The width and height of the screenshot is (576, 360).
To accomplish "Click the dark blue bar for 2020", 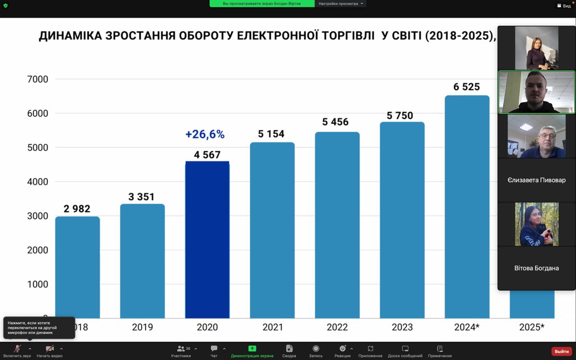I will pos(207,239).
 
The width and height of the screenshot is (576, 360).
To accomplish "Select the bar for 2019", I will pos(142,261).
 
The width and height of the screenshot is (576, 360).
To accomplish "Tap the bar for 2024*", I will pos(467,207).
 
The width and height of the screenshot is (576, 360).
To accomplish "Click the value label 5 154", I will pos(271,134).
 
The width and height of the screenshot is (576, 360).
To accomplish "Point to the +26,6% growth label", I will pos(205,134).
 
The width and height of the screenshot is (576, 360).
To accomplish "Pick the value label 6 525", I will pos(466,87).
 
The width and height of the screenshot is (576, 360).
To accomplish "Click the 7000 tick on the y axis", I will pos(38,79).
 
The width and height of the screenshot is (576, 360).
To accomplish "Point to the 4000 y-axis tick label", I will pos(38,182).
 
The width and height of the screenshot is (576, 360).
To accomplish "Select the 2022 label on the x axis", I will pos(337,327).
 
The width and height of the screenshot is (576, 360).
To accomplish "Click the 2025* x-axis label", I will pos(531,327).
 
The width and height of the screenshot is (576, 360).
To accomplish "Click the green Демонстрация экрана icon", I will pos(252,349).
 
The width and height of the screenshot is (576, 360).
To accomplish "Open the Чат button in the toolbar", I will pos(214,351).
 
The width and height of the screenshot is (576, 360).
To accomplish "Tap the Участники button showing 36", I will pos(181,351).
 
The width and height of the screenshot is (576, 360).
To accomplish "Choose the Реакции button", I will pos(342,351).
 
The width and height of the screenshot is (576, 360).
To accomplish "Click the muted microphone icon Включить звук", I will pos(17,349).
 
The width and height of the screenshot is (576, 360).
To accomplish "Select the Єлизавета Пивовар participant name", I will pos(536,180).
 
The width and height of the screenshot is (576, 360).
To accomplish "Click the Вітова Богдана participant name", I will pos(536,268).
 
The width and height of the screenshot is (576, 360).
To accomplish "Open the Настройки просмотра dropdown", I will pos(341,4).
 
